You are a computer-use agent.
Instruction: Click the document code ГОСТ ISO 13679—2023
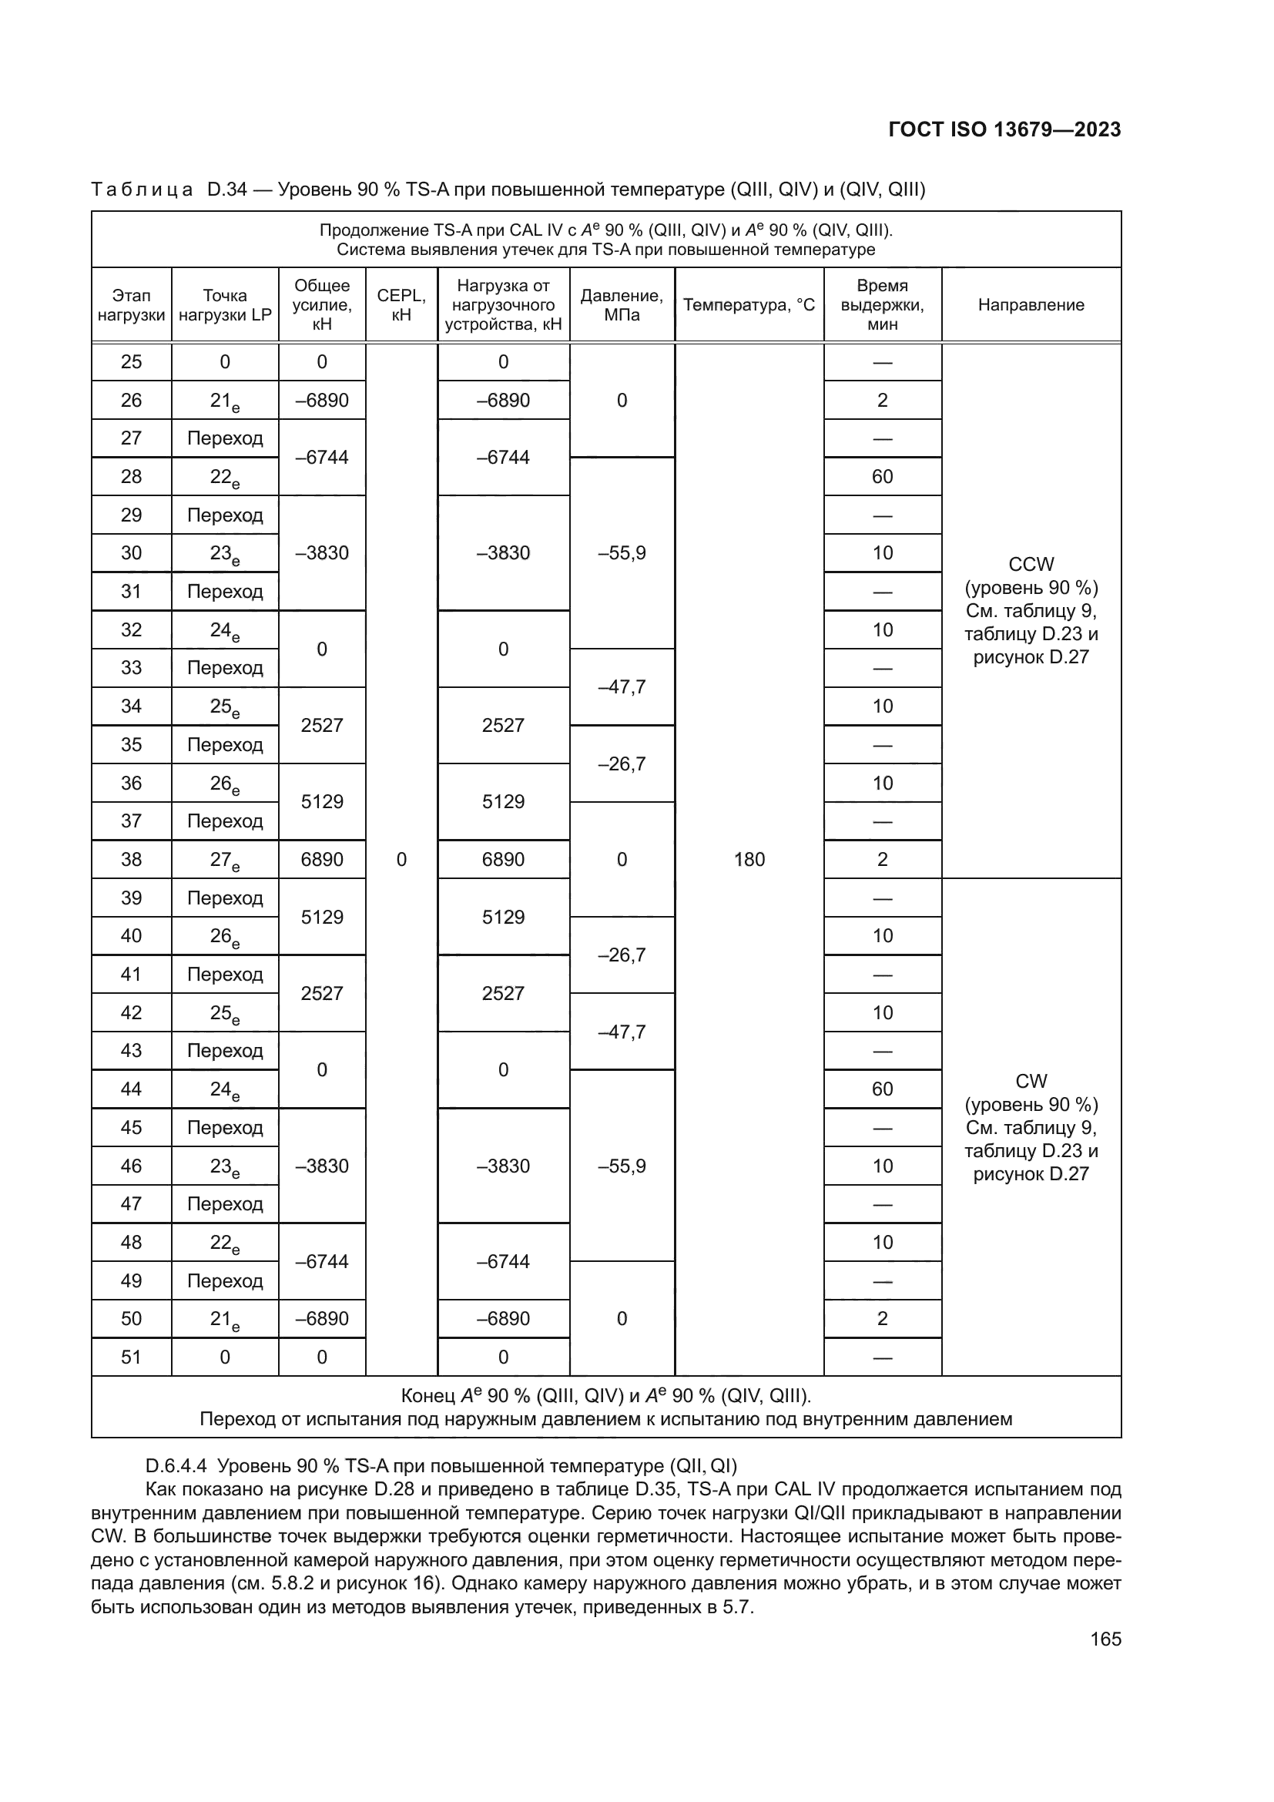pos(1004,129)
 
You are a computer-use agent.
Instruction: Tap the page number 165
pos(1105,1639)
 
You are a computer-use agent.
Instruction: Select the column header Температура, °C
pos(749,305)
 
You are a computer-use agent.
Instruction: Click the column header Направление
pos(1031,305)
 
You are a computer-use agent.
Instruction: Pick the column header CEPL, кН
pos(401,305)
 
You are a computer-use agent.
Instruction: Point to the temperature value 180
pos(749,860)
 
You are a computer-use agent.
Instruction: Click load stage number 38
pos(131,860)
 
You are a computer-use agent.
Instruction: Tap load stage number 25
pos(131,362)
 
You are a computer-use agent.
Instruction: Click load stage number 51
pos(131,1357)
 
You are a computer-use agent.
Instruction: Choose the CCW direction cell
pos(1031,611)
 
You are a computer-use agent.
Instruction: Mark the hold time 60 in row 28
pos(882,476)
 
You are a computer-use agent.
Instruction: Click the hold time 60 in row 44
pos(882,1089)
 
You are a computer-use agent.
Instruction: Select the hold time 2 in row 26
pos(882,401)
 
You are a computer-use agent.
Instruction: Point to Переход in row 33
pos(224,668)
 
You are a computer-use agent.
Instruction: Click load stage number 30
pos(131,553)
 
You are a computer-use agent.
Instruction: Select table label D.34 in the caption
pos(226,190)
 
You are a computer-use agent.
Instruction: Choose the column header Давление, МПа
pos(622,305)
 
